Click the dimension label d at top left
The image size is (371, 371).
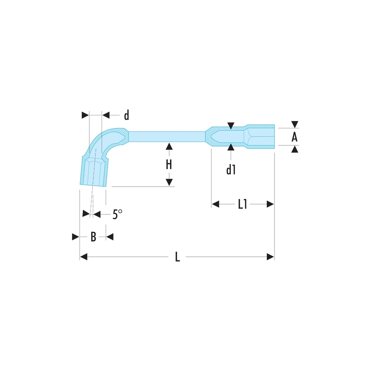[127, 115]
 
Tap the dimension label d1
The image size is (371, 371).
[231, 170]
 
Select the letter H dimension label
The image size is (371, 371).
[169, 165]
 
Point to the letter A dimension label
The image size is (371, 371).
[294, 137]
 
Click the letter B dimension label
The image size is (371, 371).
[93, 237]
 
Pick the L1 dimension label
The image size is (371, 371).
[243, 204]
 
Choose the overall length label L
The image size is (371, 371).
[177, 257]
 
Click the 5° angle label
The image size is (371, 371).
[117, 214]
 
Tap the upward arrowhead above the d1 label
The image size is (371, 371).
[231, 147]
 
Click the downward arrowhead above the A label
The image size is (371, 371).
[295, 124]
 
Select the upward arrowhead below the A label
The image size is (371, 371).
[295, 149]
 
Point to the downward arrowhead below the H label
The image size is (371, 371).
[169, 182]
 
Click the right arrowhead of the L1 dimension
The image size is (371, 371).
[270, 204]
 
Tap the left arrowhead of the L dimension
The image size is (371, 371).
[84, 257]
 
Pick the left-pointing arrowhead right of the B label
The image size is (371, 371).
[110, 237]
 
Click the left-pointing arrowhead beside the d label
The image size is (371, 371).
[106, 115]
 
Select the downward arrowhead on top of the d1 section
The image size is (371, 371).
[231, 126]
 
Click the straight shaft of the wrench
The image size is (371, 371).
[167, 137]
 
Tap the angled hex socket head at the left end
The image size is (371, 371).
[94, 171]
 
